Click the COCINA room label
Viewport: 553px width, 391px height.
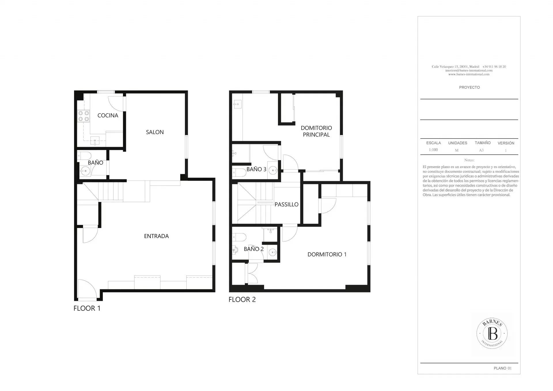[x=108, y=115]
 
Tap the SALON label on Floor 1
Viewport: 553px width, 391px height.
[x=155, y=132]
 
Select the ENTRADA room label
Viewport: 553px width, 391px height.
[x=156, y=236]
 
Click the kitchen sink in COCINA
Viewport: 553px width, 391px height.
[x=95, y=141]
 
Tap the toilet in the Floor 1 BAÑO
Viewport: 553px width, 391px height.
[x=84, y=156]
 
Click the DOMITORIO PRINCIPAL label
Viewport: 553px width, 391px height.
[x=316, y=131]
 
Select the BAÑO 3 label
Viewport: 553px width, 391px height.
[x=256, y=169]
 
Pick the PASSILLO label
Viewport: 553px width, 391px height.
[x=286, y=204]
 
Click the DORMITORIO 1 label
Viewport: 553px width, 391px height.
[x=327, y=254]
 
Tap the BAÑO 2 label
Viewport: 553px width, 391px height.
[x=254, y=249]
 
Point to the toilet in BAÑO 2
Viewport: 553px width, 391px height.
[x=239, y=237]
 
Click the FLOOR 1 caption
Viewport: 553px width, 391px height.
[x=87, y=308]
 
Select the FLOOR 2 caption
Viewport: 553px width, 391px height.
[x=242, y=299]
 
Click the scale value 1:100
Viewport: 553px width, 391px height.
[x=433, y=150]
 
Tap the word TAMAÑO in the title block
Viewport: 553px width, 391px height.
[x=483, y=143]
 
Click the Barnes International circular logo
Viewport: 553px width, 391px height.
[x=492, y=333]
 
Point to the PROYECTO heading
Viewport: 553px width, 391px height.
[x=469, y=87]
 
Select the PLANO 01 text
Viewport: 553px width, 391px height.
[x=503, y=368]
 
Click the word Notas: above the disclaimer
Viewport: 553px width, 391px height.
[x=469, y=160]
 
